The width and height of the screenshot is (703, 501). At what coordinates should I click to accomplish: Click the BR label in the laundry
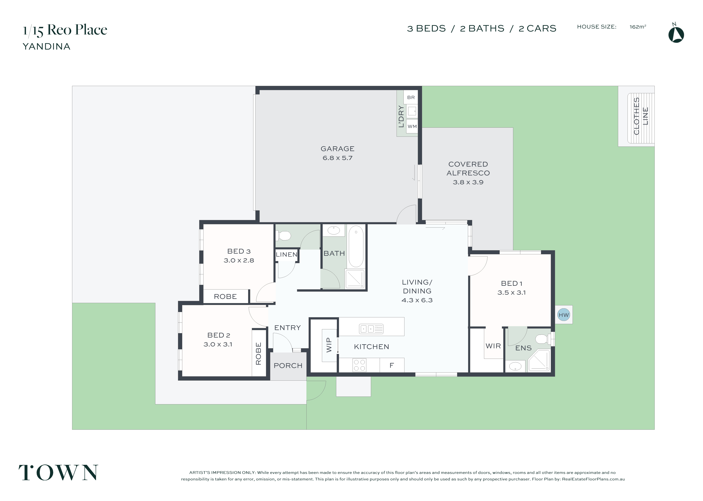411,97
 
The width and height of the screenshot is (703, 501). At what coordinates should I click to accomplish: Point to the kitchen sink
371,329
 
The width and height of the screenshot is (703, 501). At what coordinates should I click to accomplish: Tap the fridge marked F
392,365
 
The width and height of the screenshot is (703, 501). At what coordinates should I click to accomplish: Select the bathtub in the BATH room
356,246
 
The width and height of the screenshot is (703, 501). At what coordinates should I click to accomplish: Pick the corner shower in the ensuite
539,360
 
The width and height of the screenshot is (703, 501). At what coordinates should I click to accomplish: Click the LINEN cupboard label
287,255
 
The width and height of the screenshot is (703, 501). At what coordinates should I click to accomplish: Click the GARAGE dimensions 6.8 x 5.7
337,158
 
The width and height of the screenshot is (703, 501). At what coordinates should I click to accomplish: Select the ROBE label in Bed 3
225,297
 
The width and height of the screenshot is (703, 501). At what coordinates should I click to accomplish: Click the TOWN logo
58,473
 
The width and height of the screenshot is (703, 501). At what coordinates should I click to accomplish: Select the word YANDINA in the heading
47,47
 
